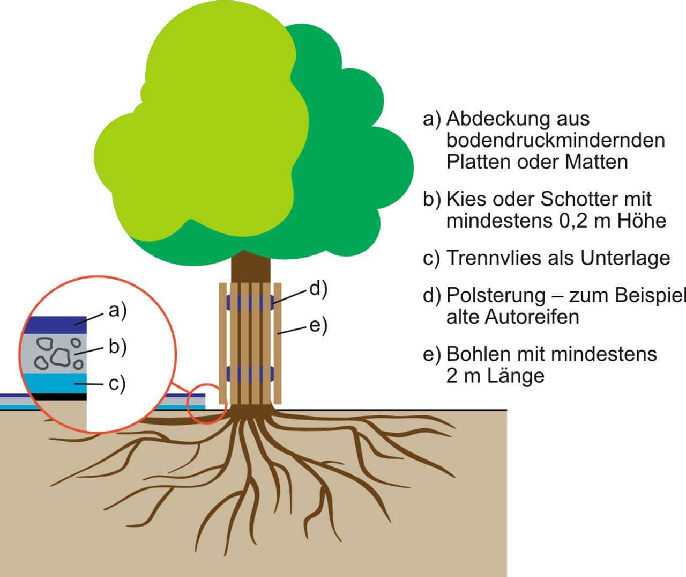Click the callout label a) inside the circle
pos(117,310)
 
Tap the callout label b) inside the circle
pos(117,347)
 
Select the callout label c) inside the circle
pos(116,384)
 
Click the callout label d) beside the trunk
pos(318,289)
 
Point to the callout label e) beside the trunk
pos(318,325)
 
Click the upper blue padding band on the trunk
pos(250,302)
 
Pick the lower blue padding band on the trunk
pos(250,373)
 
